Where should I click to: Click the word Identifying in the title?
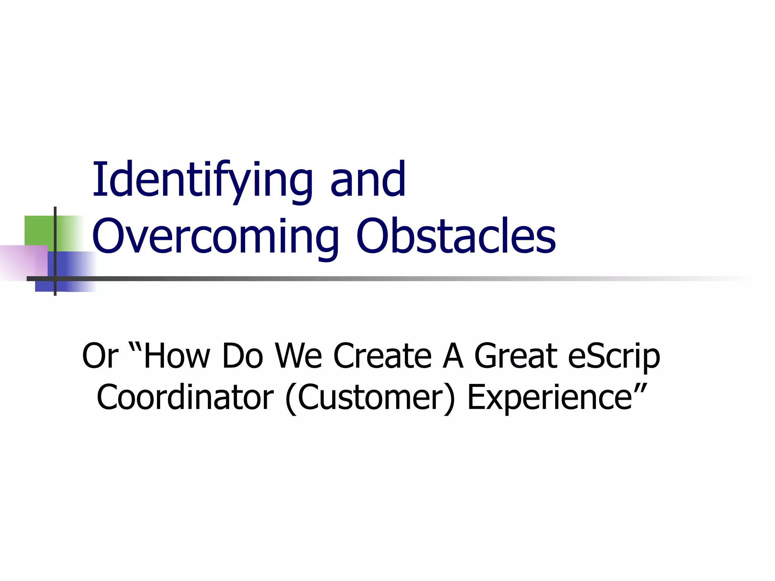202,181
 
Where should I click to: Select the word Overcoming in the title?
215,237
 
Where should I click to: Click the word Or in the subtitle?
100,356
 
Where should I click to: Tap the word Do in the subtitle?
242,356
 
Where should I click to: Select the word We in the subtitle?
298,356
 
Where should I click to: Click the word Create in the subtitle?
382,356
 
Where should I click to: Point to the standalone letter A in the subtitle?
453,356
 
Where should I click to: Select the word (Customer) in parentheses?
370,398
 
